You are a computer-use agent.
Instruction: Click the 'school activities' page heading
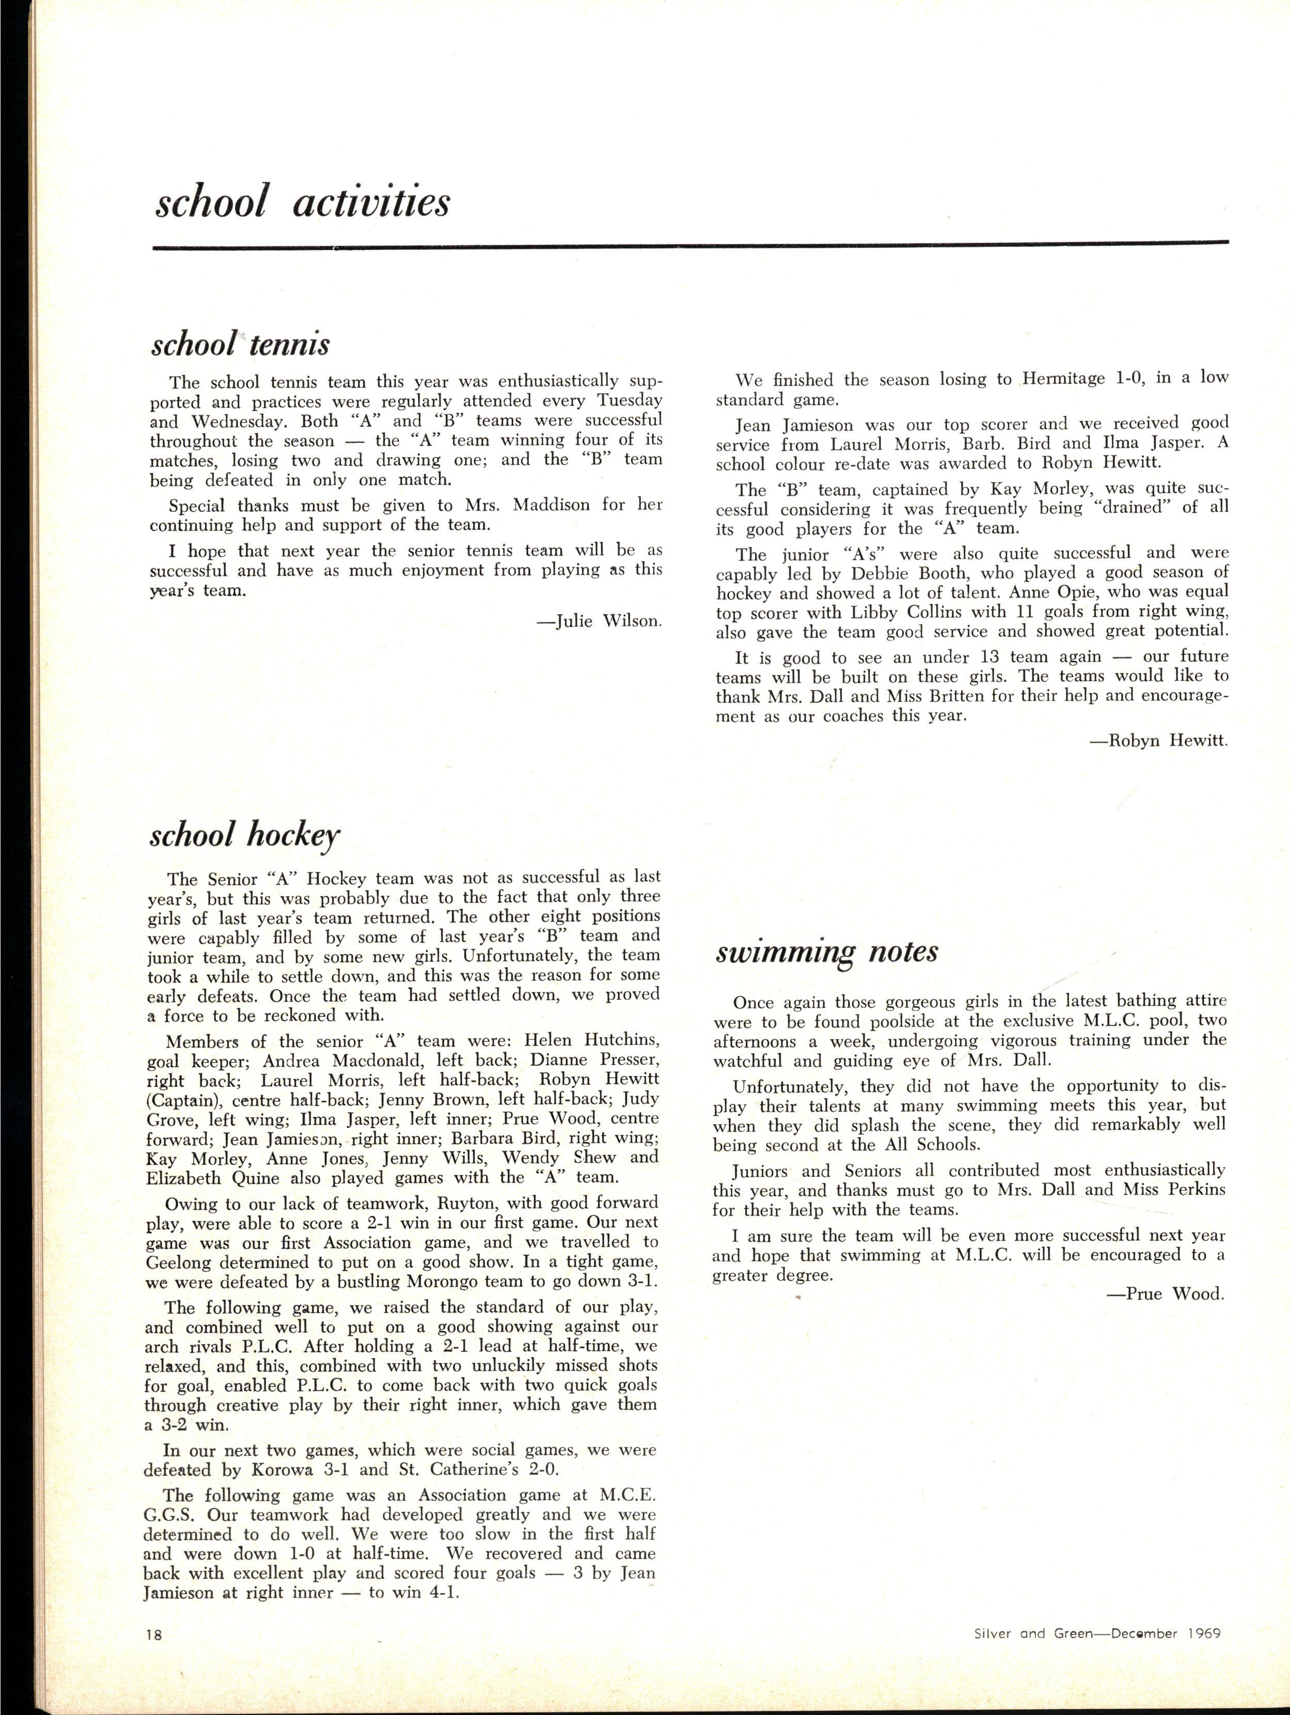302,202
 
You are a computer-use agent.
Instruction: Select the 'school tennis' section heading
240,344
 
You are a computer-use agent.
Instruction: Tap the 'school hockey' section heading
244,835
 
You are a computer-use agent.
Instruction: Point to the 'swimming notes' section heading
826,952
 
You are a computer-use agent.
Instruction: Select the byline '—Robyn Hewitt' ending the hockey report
1159,740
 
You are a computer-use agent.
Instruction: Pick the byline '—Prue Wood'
1165,1293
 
